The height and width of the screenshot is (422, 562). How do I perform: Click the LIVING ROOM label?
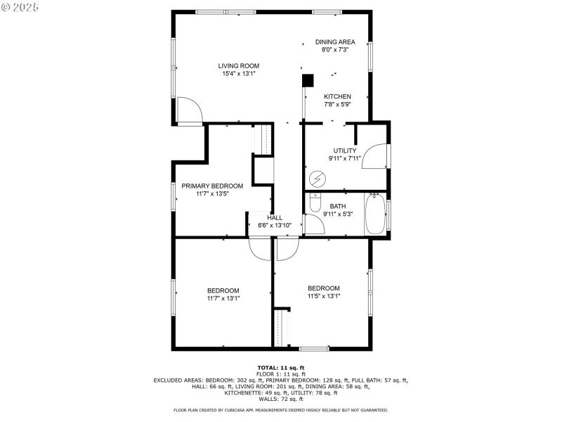(238, 66)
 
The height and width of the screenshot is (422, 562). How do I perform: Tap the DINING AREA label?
(335, 42)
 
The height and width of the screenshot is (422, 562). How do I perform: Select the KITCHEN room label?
(337, 96)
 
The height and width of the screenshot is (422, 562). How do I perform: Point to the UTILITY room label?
(345, 151)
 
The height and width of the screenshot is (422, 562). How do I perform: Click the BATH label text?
(338, 206)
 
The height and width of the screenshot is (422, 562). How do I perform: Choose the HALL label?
(274, 218)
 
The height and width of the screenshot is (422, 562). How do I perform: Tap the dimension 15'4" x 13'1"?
(238, 74)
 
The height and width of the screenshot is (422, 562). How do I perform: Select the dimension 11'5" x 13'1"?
(323, 296)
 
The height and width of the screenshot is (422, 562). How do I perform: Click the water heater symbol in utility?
(316, 179)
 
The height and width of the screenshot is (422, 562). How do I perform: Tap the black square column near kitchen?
(308, 81)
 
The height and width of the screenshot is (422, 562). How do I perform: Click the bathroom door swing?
(313, 224)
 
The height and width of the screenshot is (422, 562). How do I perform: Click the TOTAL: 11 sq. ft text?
(281, 368)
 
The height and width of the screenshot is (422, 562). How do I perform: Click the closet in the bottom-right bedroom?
(282, 327)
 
